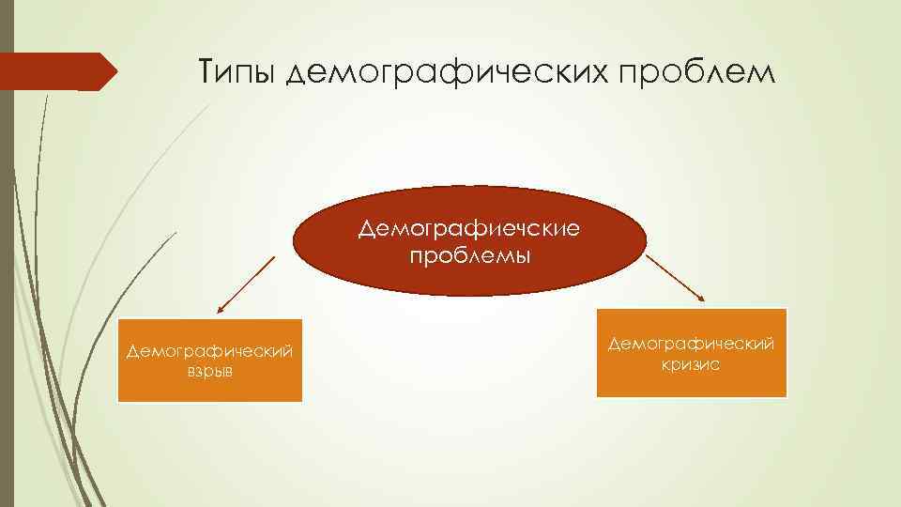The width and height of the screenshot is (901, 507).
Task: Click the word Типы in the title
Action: click(x=236, y=71)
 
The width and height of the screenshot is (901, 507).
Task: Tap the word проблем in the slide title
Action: click(x=712, y=71)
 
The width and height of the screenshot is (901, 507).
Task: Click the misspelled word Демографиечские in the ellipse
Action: click(x=469, y=229)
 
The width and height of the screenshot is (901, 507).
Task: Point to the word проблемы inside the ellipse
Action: click(x=469, y=255)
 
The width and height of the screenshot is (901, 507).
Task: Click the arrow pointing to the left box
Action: click(x=246, y=284)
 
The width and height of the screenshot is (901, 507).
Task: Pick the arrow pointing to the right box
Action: click(x=676, y=278)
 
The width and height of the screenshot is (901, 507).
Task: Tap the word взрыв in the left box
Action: click(x=210, y=371)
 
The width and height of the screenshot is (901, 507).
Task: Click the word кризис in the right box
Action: click(x=691, y=364)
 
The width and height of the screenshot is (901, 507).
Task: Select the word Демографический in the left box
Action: click(x=210, y=351)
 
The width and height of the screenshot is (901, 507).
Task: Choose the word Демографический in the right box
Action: click(x=691, y=345)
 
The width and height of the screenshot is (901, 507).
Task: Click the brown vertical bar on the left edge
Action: click(x=7, y=282)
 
